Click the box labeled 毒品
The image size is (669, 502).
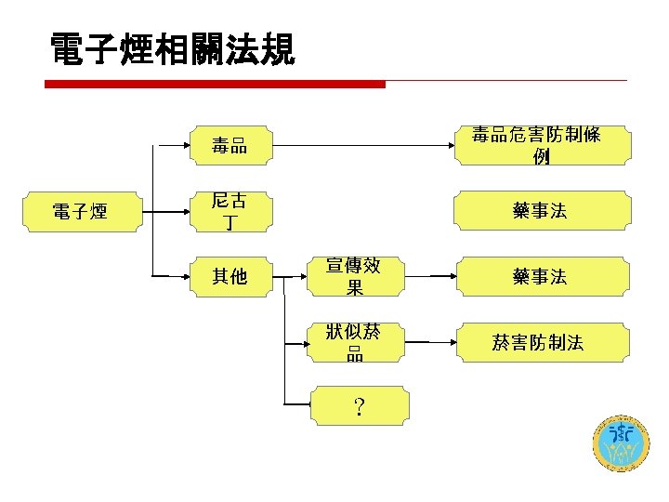(x=229, y=145)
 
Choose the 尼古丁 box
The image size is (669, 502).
(x=229, y=211)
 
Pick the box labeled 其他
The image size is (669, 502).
(x=229, y=276)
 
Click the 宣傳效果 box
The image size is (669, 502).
(x=354, y=276)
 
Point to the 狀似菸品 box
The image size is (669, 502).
(x=354, y=341)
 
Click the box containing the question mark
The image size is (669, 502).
(x=354, y=406)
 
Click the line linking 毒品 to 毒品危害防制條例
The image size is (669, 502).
(x=362, y=146)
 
